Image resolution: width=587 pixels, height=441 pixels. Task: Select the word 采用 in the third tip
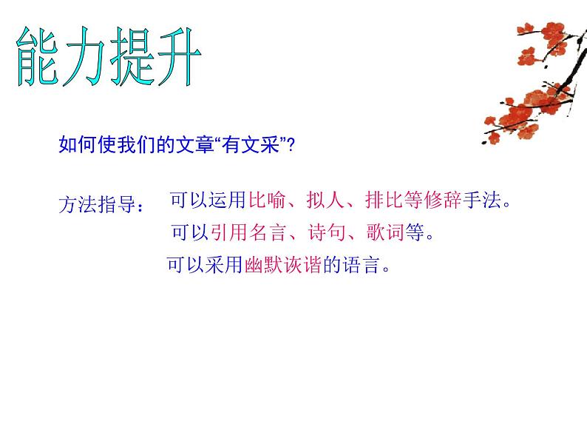(225, 265)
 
